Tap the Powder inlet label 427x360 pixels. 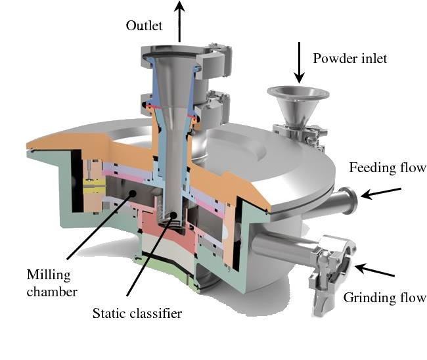click(x=349, y=58)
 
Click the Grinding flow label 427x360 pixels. click(x=385, y=298)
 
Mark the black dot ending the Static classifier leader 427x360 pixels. click(x=173, y=215)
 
